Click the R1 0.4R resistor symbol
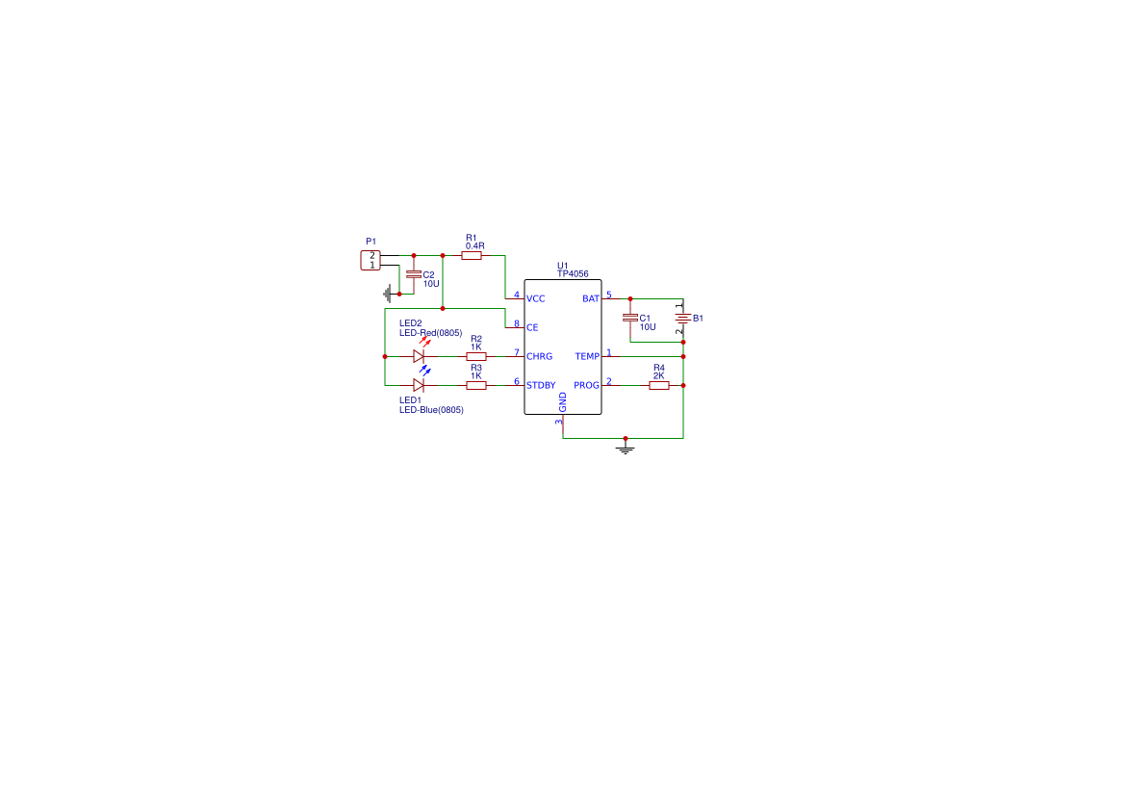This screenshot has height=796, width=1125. click(x=472, y=255)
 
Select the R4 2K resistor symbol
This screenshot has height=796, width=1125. click(x=658, y=385)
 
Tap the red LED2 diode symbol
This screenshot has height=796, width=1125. click(x=419, y=356)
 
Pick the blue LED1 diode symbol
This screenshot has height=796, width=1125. click(x=419, y=385)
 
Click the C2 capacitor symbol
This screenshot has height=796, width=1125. click(x=414, y=274)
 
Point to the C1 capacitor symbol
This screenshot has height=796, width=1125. click(x=630, y=318)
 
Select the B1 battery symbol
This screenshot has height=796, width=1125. click(x=683, y=318)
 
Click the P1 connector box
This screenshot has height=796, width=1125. click(x=371, y=261)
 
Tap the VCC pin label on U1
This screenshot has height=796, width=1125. click(x=535, y=298)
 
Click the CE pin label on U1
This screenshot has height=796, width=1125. click(x=532, y=327)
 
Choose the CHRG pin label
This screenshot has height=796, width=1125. click(x=540, y=356)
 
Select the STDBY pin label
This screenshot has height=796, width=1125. click(x=541, y=385)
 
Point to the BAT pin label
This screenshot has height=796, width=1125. click(x=591, y=298)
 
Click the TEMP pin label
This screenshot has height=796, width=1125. click(x=587, y=356)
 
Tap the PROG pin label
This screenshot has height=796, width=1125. click(x=586, y=385)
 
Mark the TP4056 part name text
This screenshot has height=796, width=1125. click(x=573, y=273)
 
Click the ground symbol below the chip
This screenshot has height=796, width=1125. click(x=626, y=449)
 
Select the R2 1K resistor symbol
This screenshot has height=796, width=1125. click(x=476, y=356)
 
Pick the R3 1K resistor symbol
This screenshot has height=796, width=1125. click(x=476, y=385)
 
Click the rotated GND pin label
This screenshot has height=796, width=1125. click(x=562, y=402)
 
